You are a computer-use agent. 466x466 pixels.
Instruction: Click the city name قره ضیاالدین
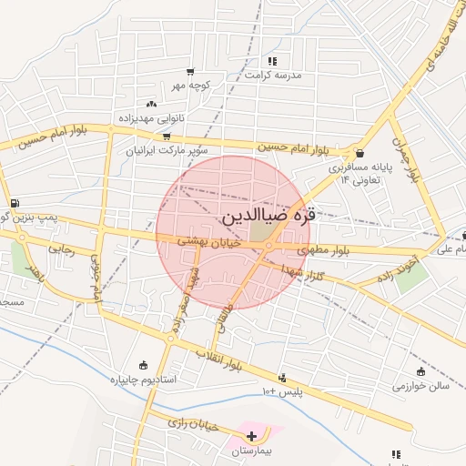pyautogui.click(x=269, y=218)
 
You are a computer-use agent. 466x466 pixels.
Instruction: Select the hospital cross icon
pyautogui.click(x=251, y=437)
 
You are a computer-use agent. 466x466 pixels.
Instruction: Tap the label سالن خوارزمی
pyautogui.click(x=421, y=386)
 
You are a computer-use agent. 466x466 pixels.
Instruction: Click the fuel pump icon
pyautogui.click(x=14, y=203)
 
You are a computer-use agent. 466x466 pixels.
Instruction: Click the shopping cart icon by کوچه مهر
pyautogui.click(x=190, y=72)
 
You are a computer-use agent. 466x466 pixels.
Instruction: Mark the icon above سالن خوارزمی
pyautogui.click(x=420, y=371)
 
